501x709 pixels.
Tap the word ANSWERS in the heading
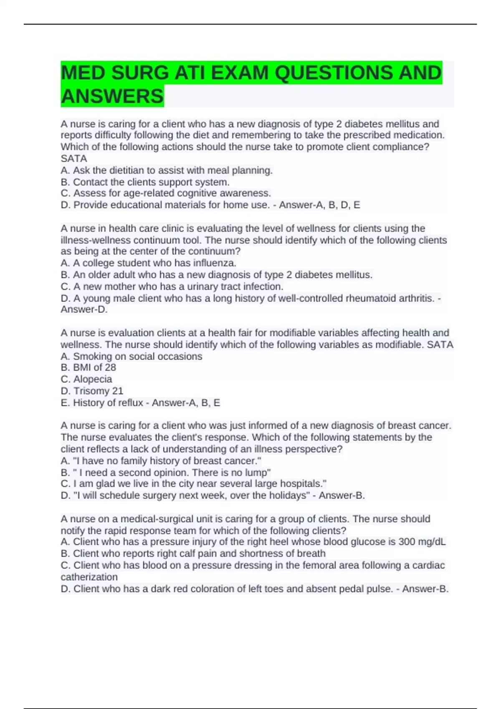click(112, 96)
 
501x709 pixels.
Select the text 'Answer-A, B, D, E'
click(319, 205)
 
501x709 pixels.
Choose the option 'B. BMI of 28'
click(89, 367)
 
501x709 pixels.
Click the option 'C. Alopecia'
click(86, 379)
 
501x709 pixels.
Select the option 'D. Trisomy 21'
click(92, 391)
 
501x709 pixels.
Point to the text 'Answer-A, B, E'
click(186, 402)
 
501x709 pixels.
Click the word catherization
click(89, 577)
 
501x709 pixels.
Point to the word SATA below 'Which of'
click(74, 158)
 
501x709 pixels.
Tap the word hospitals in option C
click(302, 484)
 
